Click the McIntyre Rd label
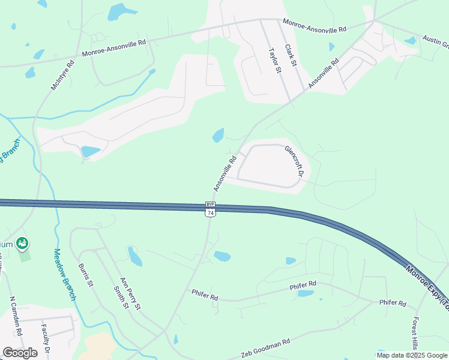point(62,75)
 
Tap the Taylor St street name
point(274,61)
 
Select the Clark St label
point(291,56)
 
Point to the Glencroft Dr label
point(294,161)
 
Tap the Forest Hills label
point(415,334)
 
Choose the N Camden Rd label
point(16,316)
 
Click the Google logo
point(20,352)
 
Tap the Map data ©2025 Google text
point(411,355)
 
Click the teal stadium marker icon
point(23,244)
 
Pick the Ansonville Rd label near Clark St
point(324,74)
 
